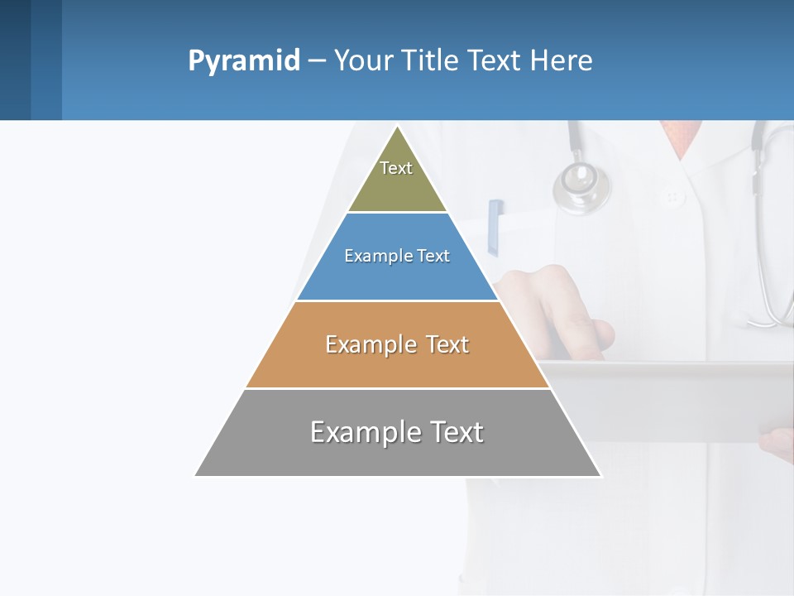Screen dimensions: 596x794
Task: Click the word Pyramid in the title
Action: [244, 61]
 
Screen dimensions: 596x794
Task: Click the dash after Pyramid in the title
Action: [317, 61]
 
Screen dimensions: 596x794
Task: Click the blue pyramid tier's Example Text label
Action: [397, 257]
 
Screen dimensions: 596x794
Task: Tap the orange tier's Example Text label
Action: [397, 344]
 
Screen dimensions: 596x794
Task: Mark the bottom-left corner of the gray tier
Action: [196, 475]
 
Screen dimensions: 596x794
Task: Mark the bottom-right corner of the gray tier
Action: [600, 475]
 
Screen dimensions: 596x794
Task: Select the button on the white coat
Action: [672, 197]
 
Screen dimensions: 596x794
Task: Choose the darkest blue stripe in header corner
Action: [15, 60]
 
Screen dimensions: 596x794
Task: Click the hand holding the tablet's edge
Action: [777, 443]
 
